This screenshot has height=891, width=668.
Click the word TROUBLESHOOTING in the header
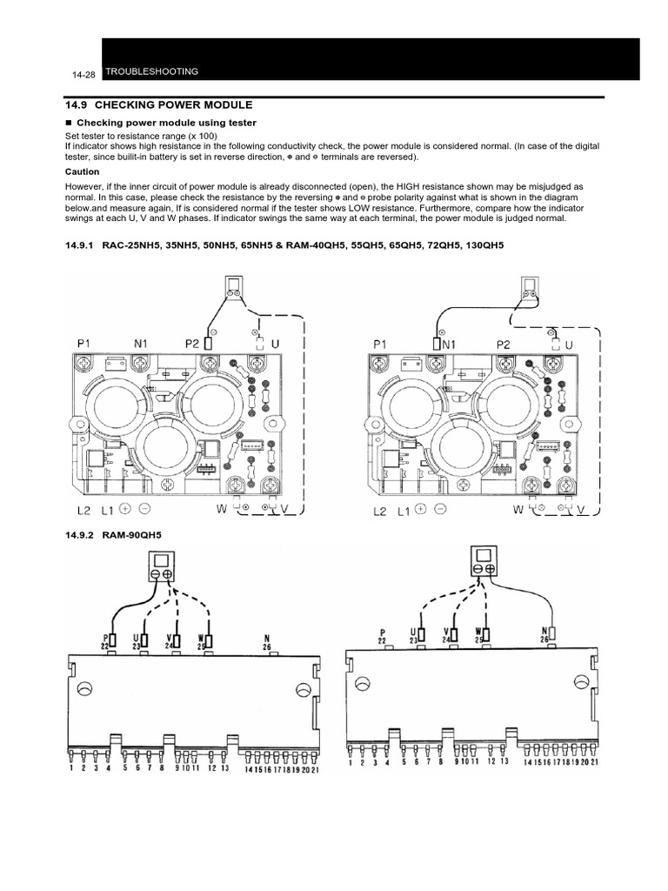(x=151, y=71)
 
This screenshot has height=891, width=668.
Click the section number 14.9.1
(x=83, y=247)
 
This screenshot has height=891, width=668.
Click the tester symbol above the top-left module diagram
(x=234, y=289)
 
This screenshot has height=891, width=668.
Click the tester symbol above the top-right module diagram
(x=530, y=289)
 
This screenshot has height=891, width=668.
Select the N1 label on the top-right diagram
(x=447, y=345)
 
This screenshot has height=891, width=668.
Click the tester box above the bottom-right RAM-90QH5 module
(x=484, y=560)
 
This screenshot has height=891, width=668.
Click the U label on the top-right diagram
(x=571, y=345)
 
